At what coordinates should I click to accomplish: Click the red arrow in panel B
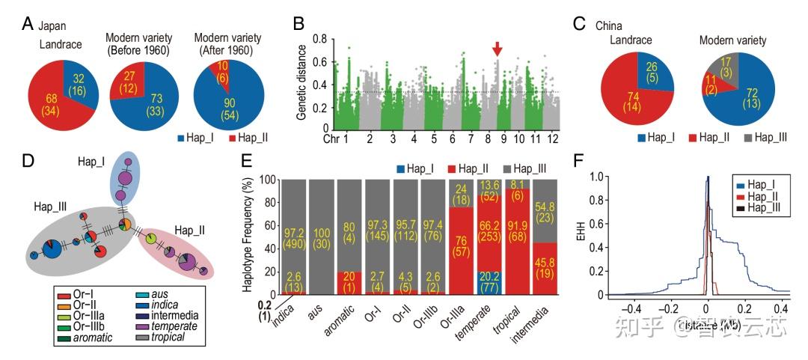point(498,49)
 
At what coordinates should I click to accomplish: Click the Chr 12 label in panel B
point(553,140)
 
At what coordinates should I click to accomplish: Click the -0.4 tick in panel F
point(633,308)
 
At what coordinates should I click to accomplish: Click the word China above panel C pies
point(609,25)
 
